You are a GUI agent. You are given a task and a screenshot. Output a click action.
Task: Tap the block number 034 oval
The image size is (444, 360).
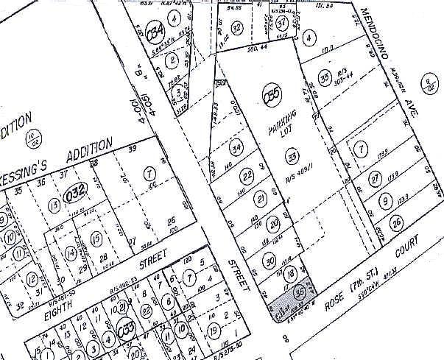coord(155,32)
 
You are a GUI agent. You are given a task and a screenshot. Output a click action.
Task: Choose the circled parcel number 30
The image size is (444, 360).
coord(269,261)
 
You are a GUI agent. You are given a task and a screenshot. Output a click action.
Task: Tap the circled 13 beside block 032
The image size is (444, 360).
coord(54,204)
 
